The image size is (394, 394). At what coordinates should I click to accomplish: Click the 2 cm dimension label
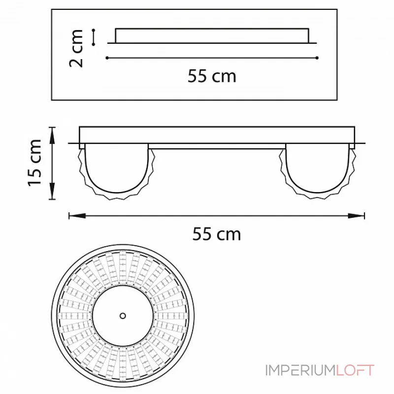[76, 48]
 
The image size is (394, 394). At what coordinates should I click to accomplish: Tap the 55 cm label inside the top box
[212, 76]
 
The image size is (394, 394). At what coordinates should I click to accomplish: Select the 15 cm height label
[34, 163]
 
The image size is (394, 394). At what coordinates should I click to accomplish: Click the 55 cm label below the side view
[216, 234]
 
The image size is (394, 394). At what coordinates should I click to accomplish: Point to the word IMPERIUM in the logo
[300, 370]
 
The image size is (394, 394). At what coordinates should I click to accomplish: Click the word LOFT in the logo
[355, 370]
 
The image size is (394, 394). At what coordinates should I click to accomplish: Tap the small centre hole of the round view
[123, 316]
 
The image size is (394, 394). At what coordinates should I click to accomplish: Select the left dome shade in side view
[117, 171]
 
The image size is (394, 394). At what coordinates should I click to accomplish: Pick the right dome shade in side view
[318, 171]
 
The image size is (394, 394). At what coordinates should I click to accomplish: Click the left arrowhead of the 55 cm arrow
[77, 216]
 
